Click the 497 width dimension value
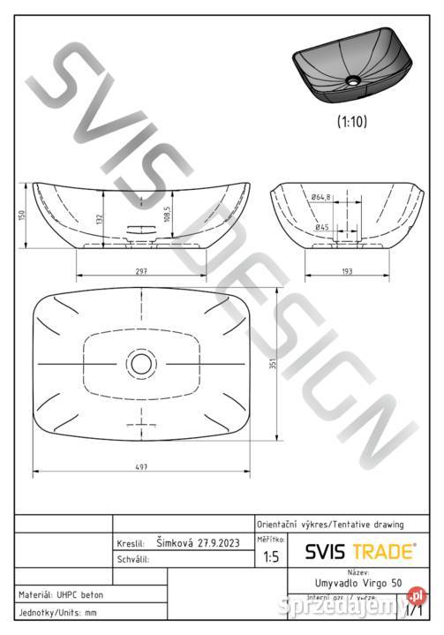[x=141, y=465]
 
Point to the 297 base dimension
[x=141, y=270]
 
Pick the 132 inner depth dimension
[x=99, y=218]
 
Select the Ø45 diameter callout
[x=323, y=227]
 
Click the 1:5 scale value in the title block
[x=272, y=557]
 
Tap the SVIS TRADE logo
[x=360, y=551]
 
